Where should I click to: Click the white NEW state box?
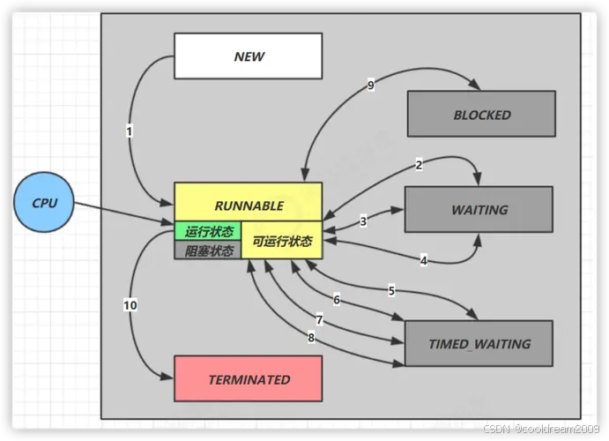coord(249,56)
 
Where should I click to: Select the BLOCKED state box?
coord(481,115)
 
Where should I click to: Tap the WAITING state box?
coord(479,210)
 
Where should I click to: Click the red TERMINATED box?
coord(249,380)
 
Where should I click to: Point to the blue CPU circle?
coord(44,203)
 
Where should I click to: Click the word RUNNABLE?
coord(248,206)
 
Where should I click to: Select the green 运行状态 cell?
coord(209,232)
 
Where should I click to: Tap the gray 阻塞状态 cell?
coord(209,250)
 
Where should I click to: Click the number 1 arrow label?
coord(130,131)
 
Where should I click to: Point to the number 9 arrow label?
coord(371,85)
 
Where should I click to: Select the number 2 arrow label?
coord(419,165)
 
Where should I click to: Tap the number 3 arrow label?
coord(363,221)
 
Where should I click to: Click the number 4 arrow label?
coord(423,260)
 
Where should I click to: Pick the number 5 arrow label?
coord(391,290)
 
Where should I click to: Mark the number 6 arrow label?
coord(336,300)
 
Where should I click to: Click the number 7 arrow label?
coord(319,320)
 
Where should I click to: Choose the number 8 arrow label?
coord(310,337)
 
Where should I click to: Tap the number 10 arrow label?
coord(130,305)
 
